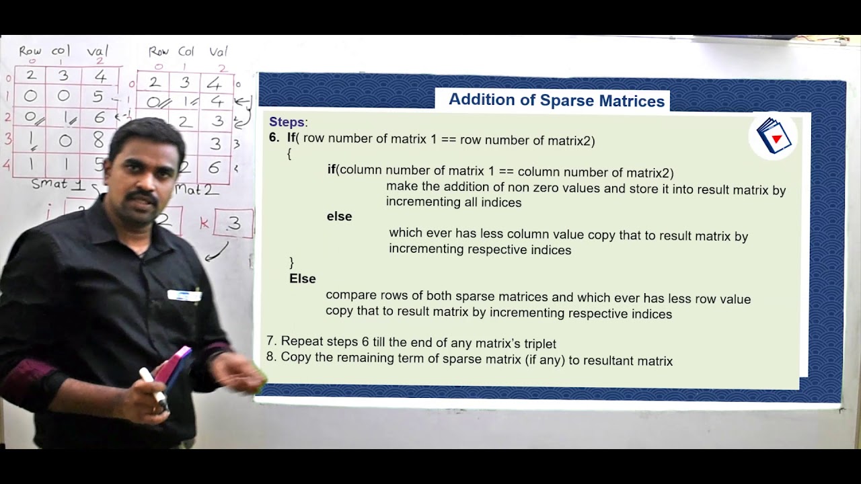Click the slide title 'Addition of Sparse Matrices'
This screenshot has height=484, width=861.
[556, 101]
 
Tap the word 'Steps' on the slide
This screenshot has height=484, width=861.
[287, 122]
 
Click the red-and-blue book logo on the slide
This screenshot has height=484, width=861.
[774, 136]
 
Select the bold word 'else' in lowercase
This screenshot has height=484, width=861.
[339, 216]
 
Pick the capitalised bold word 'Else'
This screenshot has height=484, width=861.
[302, 278]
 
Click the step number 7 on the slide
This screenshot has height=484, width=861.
[270, 341]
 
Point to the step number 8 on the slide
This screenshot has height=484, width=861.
[270, 357]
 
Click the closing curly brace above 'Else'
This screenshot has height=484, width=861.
[291, 261]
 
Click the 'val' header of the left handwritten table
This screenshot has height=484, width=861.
[98, 51]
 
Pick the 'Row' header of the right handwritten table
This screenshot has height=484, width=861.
[159, 52]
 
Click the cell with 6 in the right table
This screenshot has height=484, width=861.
[215, 168]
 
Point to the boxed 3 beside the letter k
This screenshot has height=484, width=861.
[233, 224]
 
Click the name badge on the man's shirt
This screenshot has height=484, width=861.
[184, 295]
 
